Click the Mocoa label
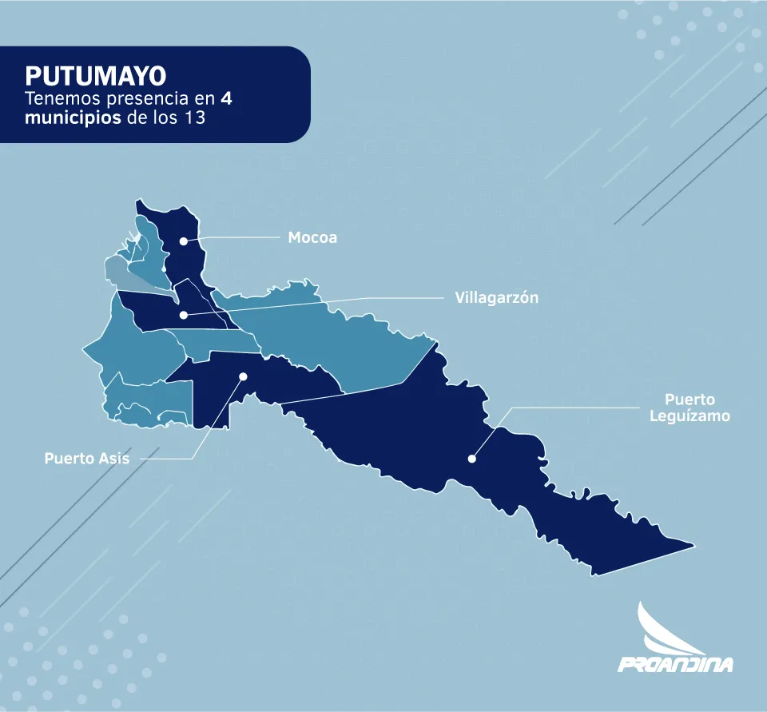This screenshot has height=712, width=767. (312, 237)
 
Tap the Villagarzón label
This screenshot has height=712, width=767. (497, 297)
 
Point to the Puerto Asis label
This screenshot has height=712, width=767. (87, 459)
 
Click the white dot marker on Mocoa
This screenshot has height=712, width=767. (183, 241)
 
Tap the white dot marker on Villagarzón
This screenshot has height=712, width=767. (184, 315)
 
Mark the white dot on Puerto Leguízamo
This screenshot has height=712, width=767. (472, 459)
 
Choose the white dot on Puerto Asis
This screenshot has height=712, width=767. (244, 376)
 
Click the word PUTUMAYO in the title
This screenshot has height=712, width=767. (96, 76)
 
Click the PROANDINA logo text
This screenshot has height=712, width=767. (675, 663)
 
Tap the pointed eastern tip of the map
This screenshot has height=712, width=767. (693, 547)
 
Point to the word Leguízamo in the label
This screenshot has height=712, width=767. (690, 416)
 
